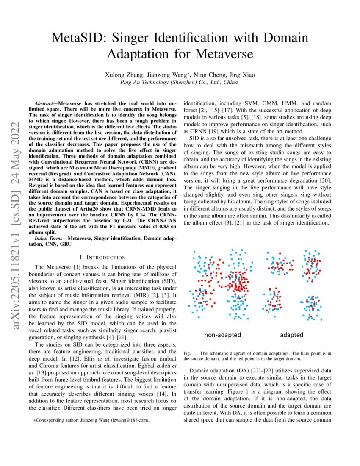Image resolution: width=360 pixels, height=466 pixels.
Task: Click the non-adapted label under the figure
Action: click(x=222, y=335)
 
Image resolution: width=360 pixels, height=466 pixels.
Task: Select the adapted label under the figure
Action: click(x=291, y=335)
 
